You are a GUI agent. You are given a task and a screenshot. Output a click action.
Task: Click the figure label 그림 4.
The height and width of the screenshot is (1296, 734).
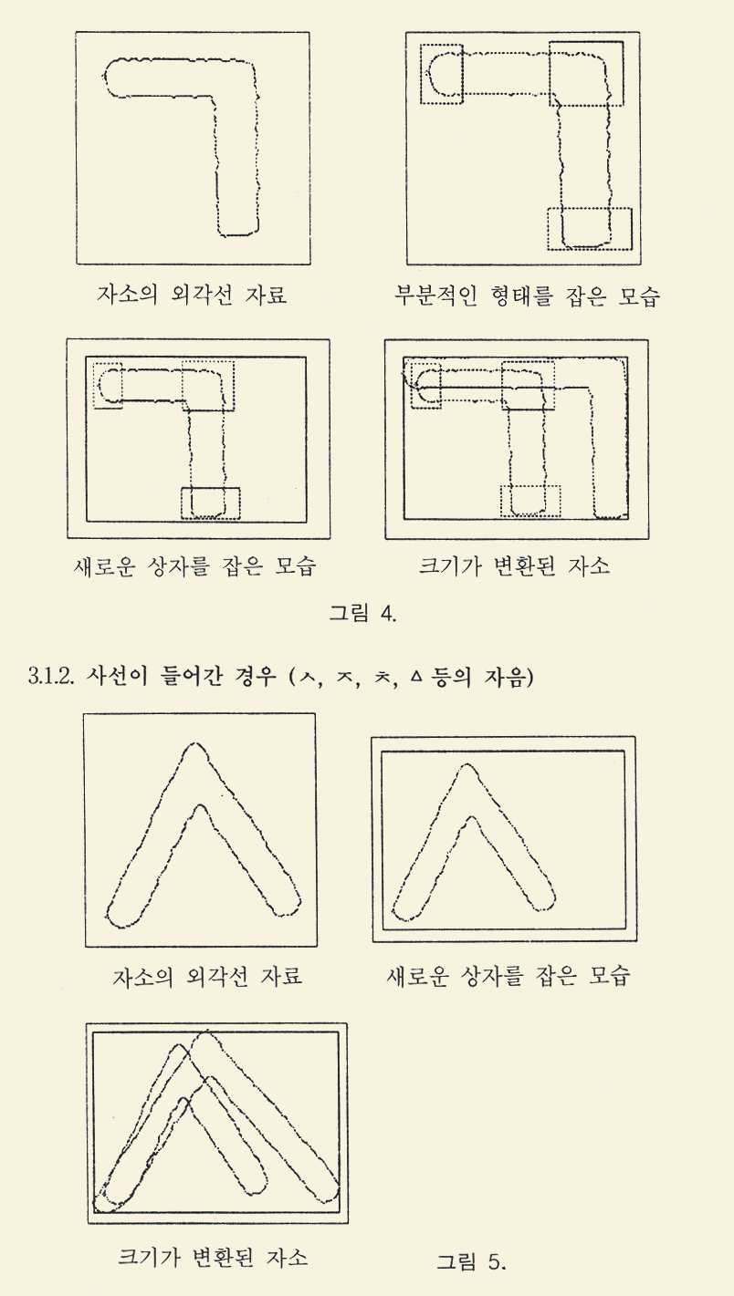pos(362,613)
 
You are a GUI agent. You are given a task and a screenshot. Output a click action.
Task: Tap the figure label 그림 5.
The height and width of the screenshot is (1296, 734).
pos(471,1261)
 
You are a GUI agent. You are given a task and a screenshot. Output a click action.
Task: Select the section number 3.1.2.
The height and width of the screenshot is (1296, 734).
pos(51,677)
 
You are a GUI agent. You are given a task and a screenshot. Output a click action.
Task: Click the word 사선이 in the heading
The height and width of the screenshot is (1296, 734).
pos(115,676)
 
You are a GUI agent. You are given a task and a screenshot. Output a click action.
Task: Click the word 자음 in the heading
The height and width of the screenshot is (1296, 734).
pos(503,676)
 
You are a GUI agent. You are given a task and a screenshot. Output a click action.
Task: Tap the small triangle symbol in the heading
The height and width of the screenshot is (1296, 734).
pos(414,675)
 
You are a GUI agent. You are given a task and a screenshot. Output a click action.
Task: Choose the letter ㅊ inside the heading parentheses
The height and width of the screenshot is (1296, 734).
pos(380,676)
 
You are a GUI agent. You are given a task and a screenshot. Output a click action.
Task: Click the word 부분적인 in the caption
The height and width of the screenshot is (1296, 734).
pos(435,295)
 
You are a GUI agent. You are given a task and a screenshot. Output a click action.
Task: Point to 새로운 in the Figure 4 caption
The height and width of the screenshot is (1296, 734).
pos(104,565)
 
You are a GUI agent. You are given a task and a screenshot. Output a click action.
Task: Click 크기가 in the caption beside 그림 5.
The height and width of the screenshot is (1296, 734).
pos(148,1257)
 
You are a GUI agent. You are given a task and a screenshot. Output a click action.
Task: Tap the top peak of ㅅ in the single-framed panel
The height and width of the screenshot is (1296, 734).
pos(196,744)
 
